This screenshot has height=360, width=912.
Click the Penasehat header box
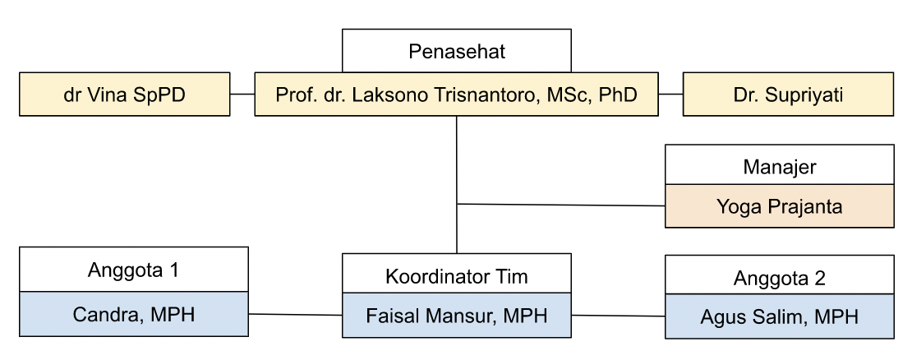[457, 52]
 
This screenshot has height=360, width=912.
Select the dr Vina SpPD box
[124, 94]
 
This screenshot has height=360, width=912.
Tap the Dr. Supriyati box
[788, 94]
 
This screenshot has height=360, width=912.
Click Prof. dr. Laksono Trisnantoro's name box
[457, 94]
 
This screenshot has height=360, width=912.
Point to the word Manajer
[779, 167]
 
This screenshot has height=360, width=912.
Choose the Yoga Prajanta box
[779, 206]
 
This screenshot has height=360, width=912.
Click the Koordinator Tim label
[457, 276]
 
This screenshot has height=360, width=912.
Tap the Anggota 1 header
[134, 269]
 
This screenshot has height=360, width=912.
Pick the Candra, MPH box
[134, 314]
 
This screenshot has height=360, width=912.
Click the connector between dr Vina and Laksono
[242, 94]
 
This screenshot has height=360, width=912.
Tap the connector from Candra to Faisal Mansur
[295, 314]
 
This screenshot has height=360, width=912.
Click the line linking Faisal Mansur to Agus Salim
[618, 316]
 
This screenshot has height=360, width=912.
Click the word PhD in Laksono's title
[618, 94]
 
